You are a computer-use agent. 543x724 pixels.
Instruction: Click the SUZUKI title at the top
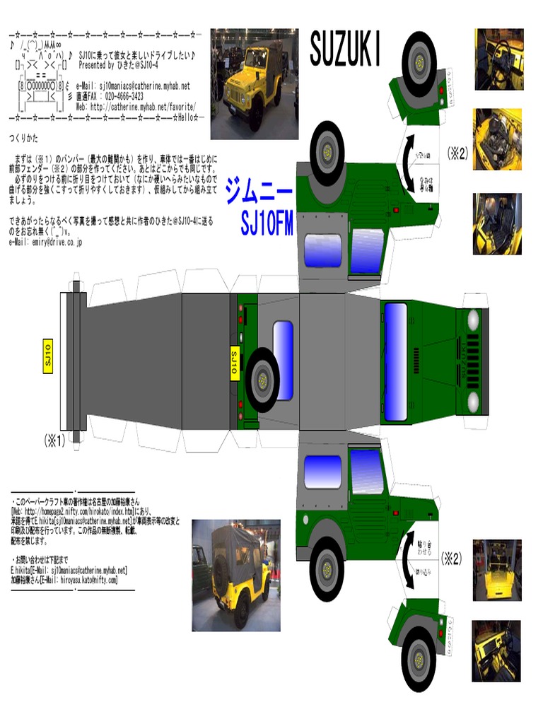pyautogui.click(x=346, y=51)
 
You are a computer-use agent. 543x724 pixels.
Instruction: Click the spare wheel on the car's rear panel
pyautogui.click(x=262, y=380)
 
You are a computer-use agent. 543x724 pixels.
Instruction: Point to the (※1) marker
pyautogui.click(x=54, y=440)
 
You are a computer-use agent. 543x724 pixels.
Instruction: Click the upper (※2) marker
pyautogui.click(x=457, y=153)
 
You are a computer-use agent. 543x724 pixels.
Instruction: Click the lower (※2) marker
pyautogui.click(x=452, y=559)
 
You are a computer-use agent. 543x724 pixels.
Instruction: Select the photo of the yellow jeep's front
pyautogui.click(x=255, y=83)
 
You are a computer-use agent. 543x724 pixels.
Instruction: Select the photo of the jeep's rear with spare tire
pyautogui.click(x=235, y=575)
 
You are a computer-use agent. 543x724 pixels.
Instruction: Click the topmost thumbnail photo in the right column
pyautogui.click(x=498, y=59)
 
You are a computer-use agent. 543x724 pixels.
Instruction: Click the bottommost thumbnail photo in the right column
pyautogui.click(x=496, y=650)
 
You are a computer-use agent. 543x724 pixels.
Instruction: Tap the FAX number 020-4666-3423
pyautogui.click(x=123, y=96)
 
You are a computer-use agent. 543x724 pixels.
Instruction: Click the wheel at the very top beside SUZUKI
pyautogui.click(x=419, y=64)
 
